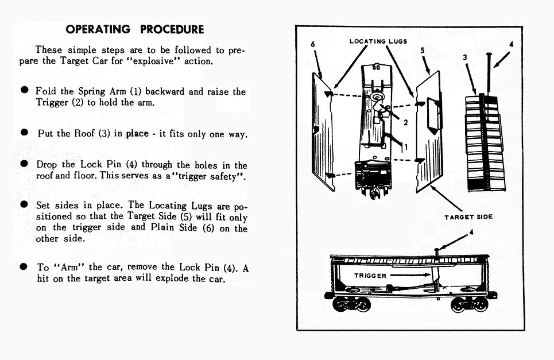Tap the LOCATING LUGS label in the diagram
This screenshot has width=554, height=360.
(378, 41)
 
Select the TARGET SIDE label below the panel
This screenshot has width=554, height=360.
(468, 216)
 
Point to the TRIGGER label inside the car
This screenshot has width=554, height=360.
(370, 276)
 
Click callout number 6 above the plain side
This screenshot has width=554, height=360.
(313, 45)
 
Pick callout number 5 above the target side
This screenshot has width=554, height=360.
(422, 51)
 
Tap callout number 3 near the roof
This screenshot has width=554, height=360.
(465, 57)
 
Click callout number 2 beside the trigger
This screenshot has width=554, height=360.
(405, 122)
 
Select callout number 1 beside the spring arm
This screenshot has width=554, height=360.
(405, 147)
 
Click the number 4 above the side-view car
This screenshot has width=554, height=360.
(471, 233)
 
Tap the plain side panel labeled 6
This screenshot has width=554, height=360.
(323, 132)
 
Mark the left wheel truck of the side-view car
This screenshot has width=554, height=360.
(352, 302)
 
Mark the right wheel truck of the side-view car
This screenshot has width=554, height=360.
(468, 302)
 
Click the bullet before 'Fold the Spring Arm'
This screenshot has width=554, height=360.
(24, 91)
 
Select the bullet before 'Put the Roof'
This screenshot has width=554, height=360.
(24, 133)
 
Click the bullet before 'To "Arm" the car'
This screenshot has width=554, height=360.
(24, 267)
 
